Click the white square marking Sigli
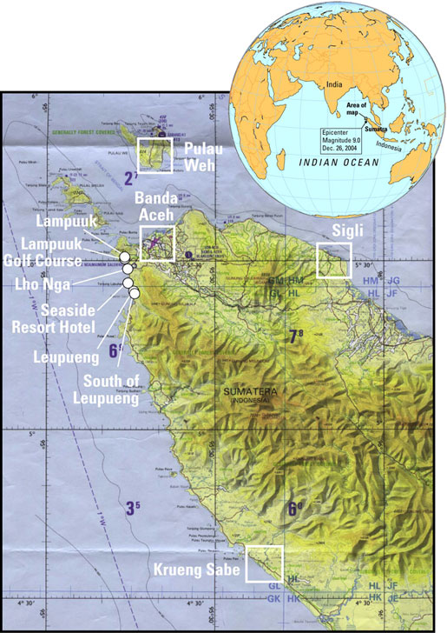tap(334, 260)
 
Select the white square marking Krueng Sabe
tap(265, 563)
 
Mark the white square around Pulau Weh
tap(157, 154)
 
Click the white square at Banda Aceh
tap(157, 243)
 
